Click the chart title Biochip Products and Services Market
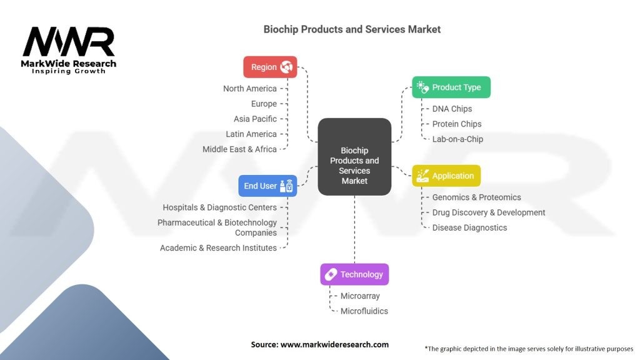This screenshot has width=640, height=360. coord(352,29)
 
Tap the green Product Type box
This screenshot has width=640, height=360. coord(451,87)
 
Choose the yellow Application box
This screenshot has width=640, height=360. coord(446,176)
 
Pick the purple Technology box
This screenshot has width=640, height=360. coord(354,274)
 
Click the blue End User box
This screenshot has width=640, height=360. coord(267,186)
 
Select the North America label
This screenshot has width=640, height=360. coord(250,89)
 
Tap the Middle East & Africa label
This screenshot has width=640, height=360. coord(239,149)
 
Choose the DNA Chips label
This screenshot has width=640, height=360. coord(452,109)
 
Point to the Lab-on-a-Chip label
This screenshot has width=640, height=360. coord(457,139)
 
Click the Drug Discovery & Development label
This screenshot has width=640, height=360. coord(489,212)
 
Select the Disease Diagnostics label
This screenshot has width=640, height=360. coord(469,227)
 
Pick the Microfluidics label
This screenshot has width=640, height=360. coord(364,311)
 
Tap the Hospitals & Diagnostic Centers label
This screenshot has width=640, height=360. coord(219,207)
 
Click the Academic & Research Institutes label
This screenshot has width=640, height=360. coord(218,248)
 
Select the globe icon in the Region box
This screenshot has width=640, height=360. coord(286,67)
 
